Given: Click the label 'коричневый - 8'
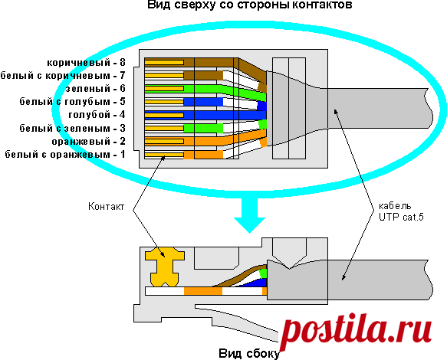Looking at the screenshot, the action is [x=86, y=62].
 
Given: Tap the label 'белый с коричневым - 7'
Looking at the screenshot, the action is [x=63, y=76].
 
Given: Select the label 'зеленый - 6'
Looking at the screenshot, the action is [x=96, y=89].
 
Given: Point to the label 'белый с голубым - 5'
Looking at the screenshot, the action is [x=72, y=102].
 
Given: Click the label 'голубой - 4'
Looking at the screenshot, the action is [x=97, y=115].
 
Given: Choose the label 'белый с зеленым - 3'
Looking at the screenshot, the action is [x=72, y=128].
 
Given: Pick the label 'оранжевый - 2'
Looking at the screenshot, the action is [x=89, y=141].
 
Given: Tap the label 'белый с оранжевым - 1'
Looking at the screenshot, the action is [x=65, y=155].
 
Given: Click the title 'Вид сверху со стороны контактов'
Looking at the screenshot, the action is [x=249, y=5].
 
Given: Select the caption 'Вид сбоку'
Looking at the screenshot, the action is [x=249, y=353].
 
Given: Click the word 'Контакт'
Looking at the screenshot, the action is [x=106, y=206].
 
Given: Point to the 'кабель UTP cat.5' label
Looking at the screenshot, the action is [x=401, y=211].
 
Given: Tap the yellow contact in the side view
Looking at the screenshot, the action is [x=165, y=267].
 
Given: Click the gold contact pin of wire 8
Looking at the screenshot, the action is [x=164, y=62].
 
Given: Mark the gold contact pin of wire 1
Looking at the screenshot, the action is [x=164, y=155].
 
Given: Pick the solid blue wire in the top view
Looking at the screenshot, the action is [x=205, y=115].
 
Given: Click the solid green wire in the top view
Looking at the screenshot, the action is [x=205, y=91].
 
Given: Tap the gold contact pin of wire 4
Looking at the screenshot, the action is [x=164, y=115].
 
